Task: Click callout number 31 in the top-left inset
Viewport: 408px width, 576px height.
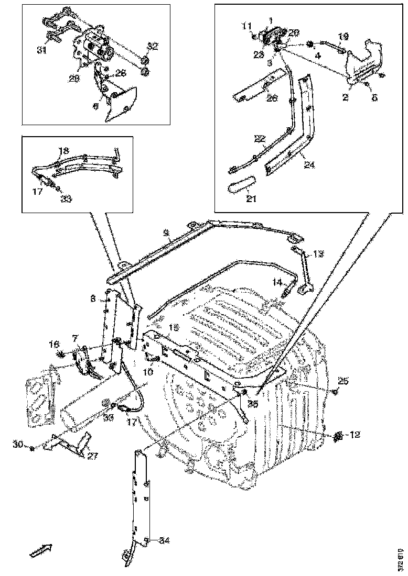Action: coord(41,50)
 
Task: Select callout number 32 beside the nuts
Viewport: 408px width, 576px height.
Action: coord(152,47)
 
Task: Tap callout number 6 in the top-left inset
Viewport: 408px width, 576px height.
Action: coord(96,106)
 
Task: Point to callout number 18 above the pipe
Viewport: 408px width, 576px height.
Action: coord(63,150)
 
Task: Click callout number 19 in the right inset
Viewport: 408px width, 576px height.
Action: coord(342,37)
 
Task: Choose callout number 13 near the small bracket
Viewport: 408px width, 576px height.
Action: coord(319,254)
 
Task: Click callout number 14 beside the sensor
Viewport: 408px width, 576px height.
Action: coord(277,282)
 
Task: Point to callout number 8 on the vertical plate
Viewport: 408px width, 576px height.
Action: coord(93,298)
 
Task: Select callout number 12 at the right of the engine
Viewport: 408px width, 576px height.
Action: coord(355,435)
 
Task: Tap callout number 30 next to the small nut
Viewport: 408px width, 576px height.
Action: coord(18,445)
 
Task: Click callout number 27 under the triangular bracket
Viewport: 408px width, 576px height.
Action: coord(93,456)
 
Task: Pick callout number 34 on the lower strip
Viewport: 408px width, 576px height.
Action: coord(164,540)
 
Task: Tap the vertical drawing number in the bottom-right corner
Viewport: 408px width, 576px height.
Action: coord(400,559)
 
